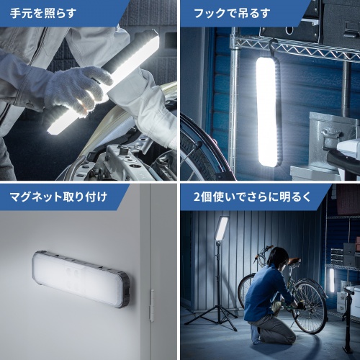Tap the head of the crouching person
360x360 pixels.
279,257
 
